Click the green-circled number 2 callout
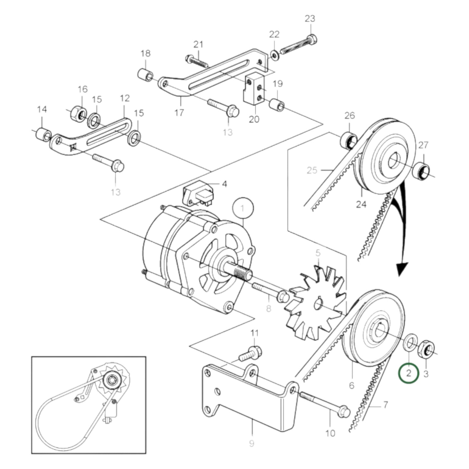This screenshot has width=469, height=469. click(x=408, y=373)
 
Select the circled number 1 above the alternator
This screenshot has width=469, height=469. click(x=243, y=208)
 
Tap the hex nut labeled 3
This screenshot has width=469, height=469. click(x=426, y=349)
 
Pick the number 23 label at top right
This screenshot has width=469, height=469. click(x=310, y=19)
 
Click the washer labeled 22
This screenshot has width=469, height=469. click(x=275, y=56)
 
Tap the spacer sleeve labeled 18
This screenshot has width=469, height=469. click(x=145, y=75)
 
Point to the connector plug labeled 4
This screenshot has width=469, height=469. click(x=199, y=195)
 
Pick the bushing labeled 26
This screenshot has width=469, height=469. click(x=349, y=141)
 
